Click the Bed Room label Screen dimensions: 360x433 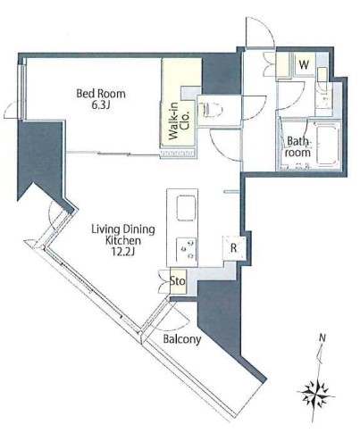[101, 94]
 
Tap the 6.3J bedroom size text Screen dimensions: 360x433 [101, 105]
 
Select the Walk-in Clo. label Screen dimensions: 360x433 [179, 121]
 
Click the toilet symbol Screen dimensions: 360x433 [211, 110]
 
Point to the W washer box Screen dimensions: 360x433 [304, 64]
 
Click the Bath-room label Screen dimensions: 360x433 [298, 147]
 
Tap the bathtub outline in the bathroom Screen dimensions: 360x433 [327, 146]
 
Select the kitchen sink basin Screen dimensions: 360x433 [187, 208]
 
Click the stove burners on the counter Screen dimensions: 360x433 [187, 249]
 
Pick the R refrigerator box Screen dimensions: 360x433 [234, 248]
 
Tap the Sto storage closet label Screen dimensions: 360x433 [178, 281]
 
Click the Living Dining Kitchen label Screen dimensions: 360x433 [123, 235]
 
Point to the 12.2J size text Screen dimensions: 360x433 [123, 252]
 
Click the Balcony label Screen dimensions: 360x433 [182, 339]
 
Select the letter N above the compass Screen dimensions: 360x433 [322, 337]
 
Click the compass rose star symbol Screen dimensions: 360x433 [315, 395]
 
